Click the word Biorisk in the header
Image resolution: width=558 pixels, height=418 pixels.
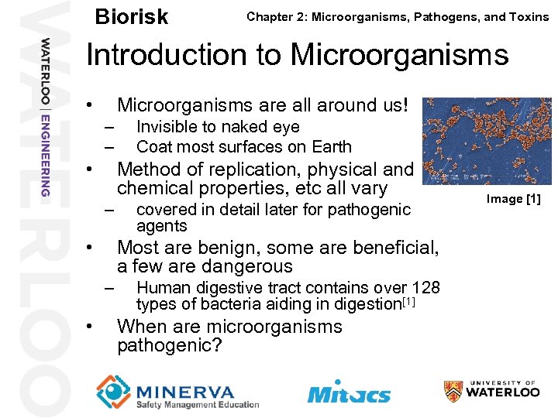pos(131,16)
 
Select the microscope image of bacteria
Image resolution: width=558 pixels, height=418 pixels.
pos(487,140)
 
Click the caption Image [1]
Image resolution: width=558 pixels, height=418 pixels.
pos(513,199)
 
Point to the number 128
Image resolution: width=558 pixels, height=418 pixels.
pos(425,287)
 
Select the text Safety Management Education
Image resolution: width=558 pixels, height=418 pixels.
pos(197,404)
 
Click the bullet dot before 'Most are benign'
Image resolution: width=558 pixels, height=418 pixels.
pos(91,248)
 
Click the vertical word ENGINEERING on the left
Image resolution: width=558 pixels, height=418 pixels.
pos(45,154)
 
